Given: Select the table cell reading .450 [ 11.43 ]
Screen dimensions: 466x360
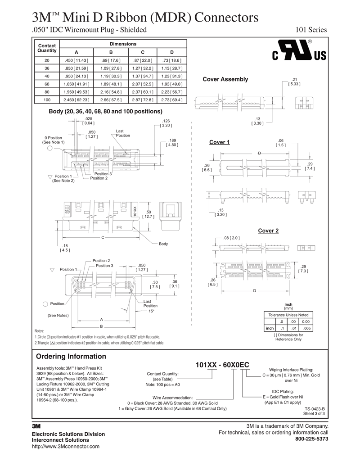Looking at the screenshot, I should tap(76, 60).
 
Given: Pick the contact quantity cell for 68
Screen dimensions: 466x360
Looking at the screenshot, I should tap(47, 84).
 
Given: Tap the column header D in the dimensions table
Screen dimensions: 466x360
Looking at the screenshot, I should tap(171, 52).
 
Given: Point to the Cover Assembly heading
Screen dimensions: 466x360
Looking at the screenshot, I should tap(225, 79).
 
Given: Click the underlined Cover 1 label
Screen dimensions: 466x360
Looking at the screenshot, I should tap(219, 142).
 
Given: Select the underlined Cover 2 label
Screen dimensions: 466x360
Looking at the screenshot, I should tap(268, 231).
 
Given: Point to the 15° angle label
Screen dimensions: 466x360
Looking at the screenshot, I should tap(152, 311).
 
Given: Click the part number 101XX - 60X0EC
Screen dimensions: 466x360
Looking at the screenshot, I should tap(222, 365).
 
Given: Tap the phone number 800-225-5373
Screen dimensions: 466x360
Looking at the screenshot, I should tap(311, 439).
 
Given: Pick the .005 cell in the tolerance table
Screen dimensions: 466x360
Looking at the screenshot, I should tap(307, 328).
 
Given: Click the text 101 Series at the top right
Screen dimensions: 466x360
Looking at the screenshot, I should tap(310, 30).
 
